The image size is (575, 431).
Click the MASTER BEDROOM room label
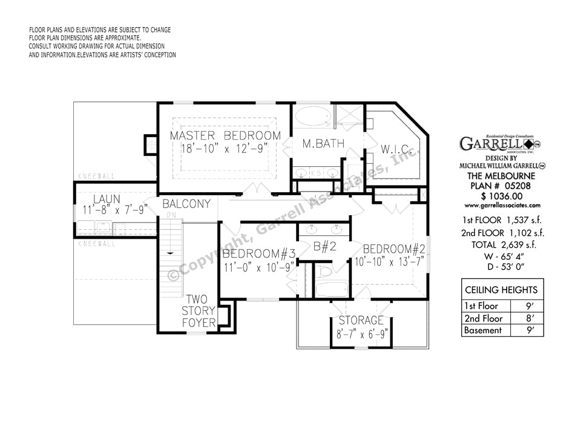(x=225, y=135)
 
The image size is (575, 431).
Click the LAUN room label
(x=106, y=199)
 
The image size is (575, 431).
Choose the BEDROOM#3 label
(x=258, y=253)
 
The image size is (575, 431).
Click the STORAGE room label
(x=361, y=320)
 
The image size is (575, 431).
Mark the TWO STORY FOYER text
(x=200, y=311)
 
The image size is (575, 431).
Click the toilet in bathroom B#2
(x=325, y=273)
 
